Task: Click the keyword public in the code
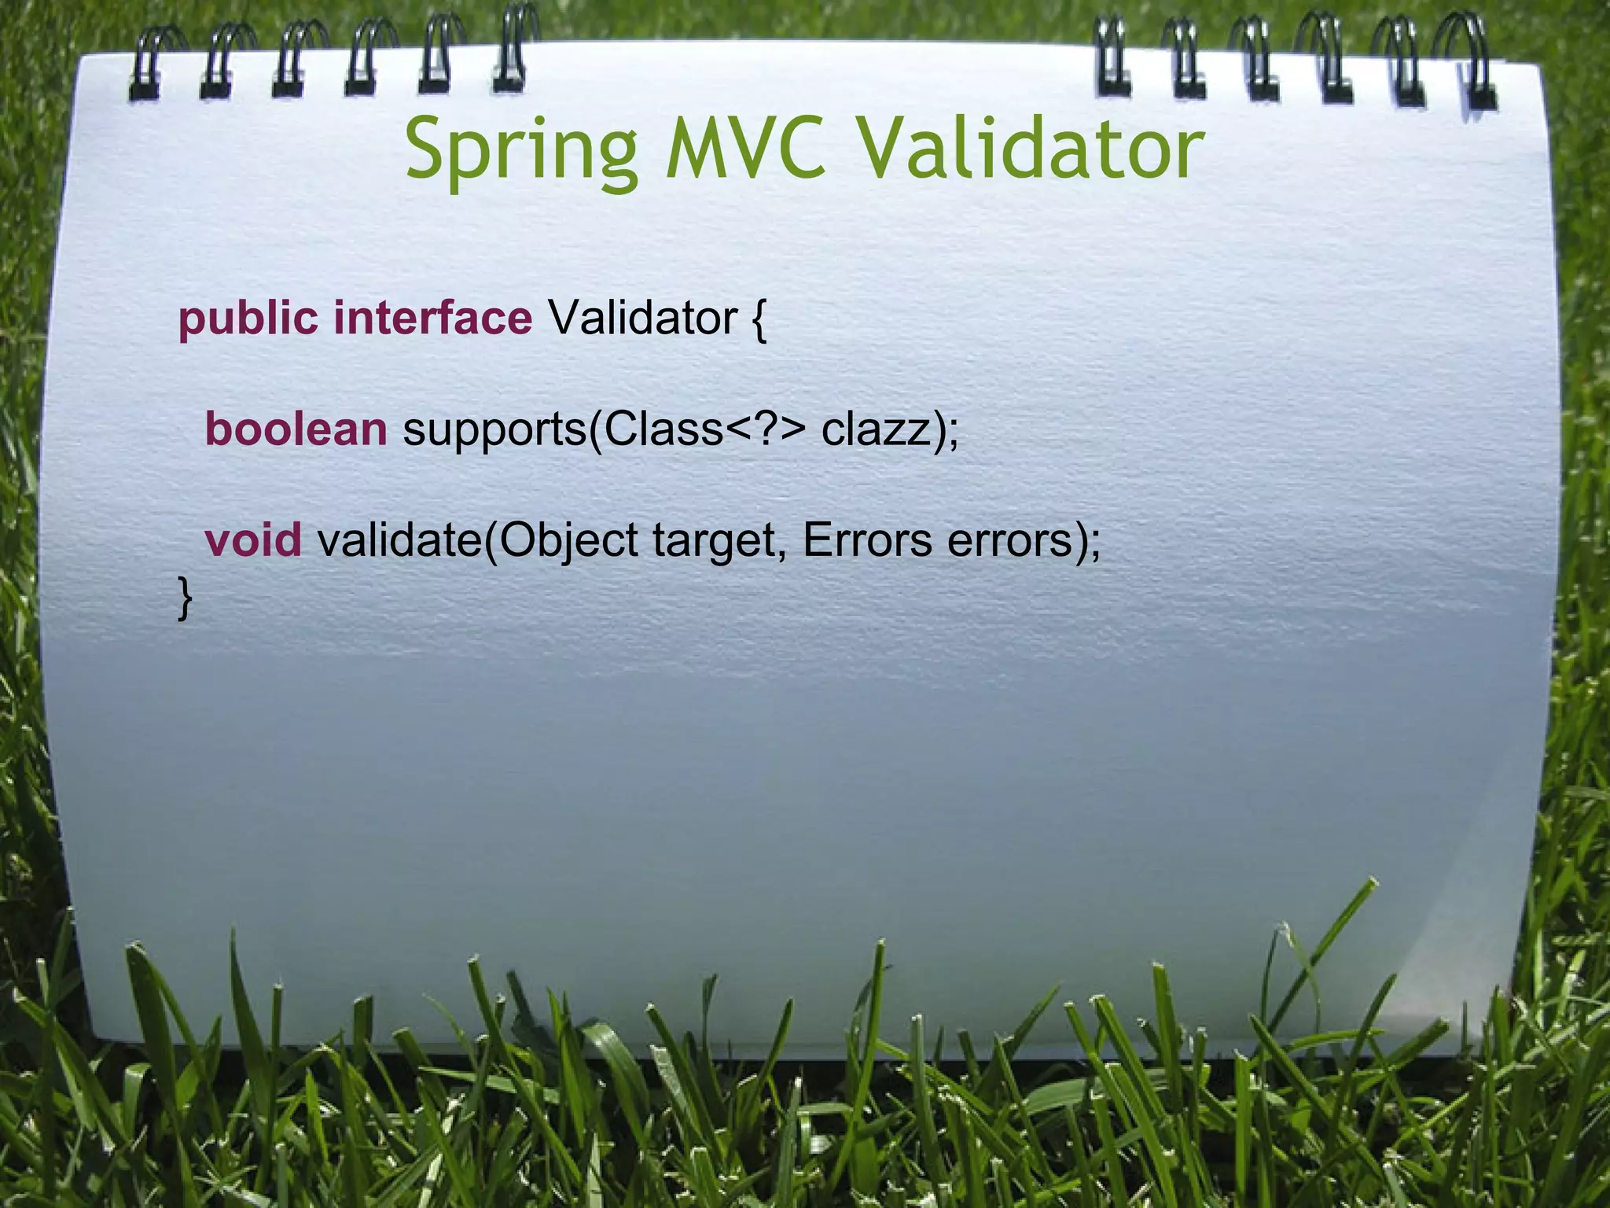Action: pos(248,319)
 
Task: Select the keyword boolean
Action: pos(296,429)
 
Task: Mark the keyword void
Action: pos(252,540)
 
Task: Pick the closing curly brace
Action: pos(185,598)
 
